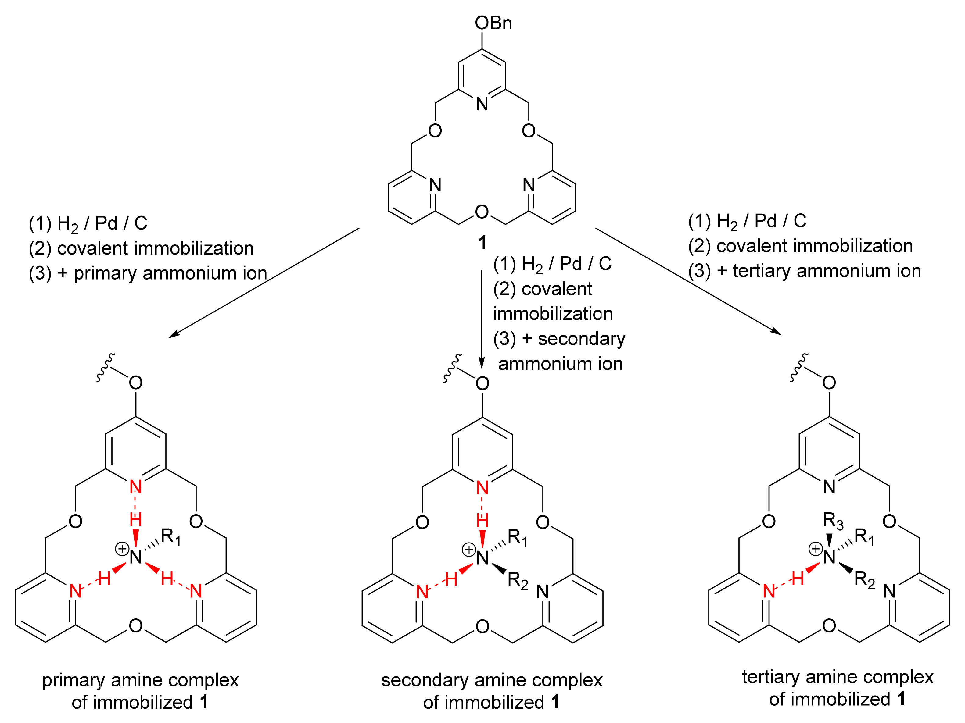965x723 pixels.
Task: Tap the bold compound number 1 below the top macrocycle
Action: click(482, 242)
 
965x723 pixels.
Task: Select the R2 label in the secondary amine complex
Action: click(518, 581)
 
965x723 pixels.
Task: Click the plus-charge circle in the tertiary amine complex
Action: click(815, 549)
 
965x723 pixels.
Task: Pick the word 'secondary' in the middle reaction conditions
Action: click(582, 339)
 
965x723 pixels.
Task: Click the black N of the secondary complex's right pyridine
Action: click(543, 592)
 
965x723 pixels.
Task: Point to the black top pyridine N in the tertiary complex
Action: click(829, 487)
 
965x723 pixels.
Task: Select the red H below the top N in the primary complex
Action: click(136, 520)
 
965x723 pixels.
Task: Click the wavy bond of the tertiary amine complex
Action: click(799, 368)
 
